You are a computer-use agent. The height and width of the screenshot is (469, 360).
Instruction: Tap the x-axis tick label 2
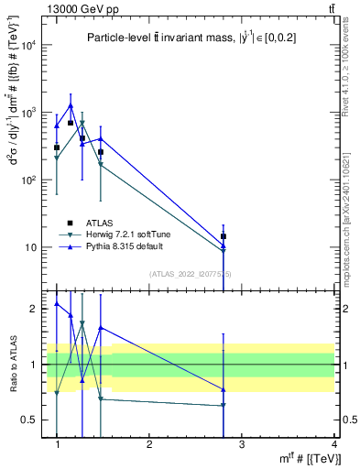(149, 444)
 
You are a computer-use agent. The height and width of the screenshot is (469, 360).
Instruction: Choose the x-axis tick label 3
(241, 444)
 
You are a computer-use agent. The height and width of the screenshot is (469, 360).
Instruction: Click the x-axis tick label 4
(333, 444)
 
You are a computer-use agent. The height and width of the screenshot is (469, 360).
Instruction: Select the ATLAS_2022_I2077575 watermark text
(191, 274)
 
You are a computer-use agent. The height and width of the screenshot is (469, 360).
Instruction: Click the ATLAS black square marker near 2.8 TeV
(224, 236)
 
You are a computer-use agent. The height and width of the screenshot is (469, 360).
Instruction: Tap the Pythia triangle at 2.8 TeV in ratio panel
(224, 388)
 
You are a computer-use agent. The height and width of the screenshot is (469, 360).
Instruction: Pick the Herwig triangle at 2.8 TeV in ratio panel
(224, 405)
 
